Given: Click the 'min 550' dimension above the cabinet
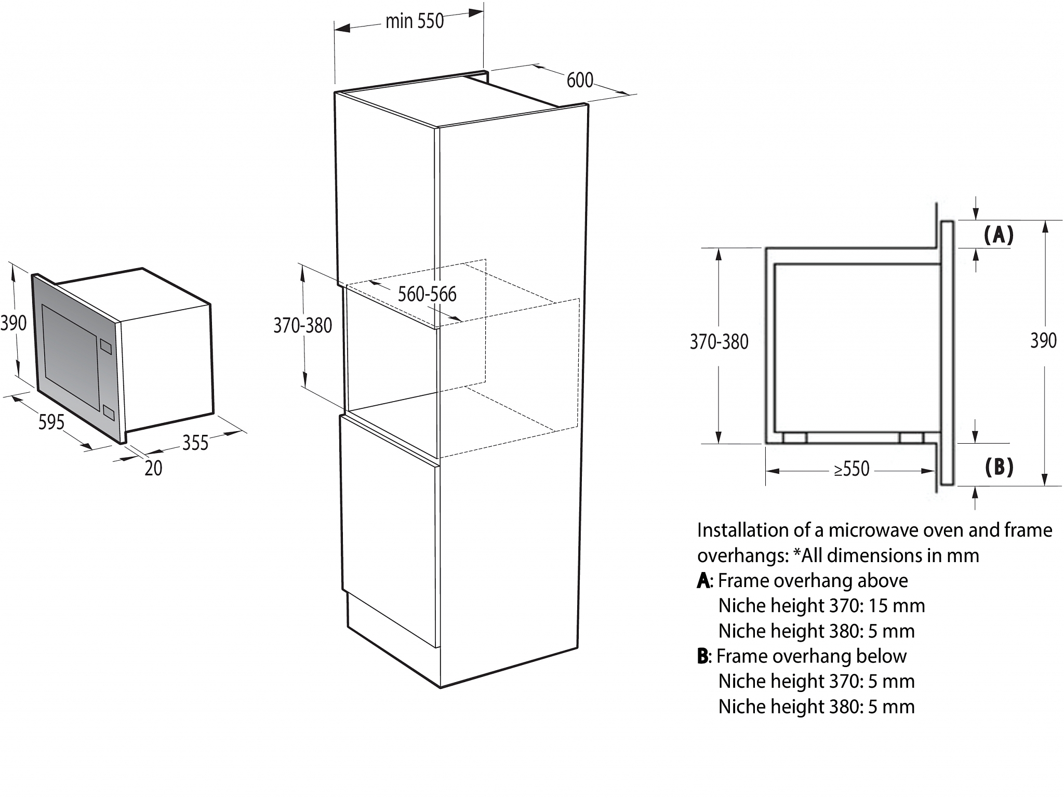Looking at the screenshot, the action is click(415, 21).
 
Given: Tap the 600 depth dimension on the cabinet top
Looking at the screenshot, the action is click(580, 80).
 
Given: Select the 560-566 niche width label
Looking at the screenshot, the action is click(427, 294).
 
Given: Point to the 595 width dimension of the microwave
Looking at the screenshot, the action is click(51, 421).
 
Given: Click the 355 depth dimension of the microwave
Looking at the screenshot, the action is click(195, 443).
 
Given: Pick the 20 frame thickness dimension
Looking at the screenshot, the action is click(153, 468).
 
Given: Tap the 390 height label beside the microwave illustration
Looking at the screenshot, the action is click(13, 323).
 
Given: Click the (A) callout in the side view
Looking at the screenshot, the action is click(999, 235).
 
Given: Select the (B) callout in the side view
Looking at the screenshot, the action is click(999, 467).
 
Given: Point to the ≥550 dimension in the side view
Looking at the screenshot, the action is click(852, 469).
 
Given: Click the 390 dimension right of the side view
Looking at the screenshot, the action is click(1043, 340).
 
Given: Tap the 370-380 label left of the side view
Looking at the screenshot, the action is click(719, 341).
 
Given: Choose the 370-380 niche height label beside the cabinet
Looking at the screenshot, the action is click(303, 325).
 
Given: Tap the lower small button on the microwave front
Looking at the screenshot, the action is click(109, 413).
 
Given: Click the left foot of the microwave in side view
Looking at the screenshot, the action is click(794, 437).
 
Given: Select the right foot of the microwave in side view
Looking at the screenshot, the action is click(911, 437).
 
